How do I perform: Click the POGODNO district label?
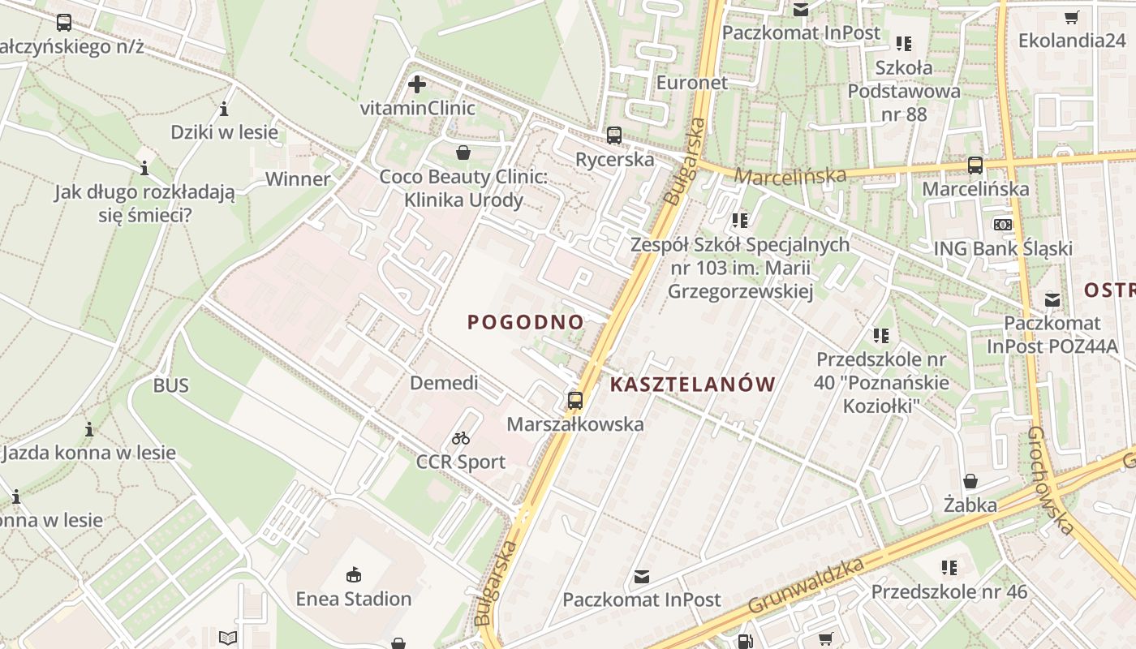(526, 322)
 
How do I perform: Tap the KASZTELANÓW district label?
(692, 385)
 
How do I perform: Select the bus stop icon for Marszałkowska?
(575, 400)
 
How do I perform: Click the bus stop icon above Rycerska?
(614, 135)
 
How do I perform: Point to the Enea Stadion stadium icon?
(354, 575)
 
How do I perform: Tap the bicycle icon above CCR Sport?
(461, 438)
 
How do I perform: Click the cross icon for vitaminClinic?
(417, 84)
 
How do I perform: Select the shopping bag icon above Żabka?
(970, 481)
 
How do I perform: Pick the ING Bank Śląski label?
(1003, 249)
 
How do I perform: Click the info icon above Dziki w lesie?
(224, 109)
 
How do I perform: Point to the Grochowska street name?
(1051, 480)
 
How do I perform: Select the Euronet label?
(692, 83)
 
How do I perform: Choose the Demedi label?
(444, 383)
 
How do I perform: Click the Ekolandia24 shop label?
(1072, 40)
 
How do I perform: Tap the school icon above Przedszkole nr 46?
(949, 568)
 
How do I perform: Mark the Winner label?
(298, 179)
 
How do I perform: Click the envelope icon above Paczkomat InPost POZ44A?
(1052, 299)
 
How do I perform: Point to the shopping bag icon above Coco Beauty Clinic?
(463, 153)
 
